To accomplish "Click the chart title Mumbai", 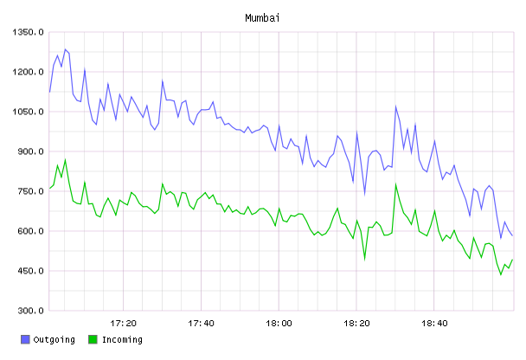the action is (262, 18).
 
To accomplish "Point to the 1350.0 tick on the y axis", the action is (28, 32).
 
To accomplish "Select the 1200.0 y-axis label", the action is (28, 72).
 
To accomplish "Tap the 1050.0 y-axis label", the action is (28, 112).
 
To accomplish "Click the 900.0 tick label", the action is (30, 151).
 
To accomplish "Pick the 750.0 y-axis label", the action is (30, 191).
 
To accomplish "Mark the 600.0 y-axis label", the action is (30, 231).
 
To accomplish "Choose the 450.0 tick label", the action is (30, 271).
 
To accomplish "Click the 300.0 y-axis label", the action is (30, 311).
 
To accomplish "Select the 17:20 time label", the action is (123, 324).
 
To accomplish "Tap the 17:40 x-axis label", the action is (201, 324).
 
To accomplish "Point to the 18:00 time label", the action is (279, 324).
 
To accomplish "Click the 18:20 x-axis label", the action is (356, 324).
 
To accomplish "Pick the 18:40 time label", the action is (434, 324).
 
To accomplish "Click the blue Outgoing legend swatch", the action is (25, 339).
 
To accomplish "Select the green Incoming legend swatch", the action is (93, 339).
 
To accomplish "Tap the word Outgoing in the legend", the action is (54, 340).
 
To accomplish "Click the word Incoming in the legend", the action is (122, 340).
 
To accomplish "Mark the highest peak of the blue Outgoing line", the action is (65, 49).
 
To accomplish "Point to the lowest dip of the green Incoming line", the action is (501, 275).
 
